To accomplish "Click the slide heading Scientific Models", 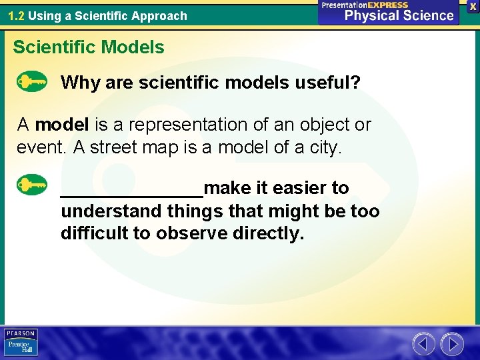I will tap(89, 47).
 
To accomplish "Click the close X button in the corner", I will tap(473, 6).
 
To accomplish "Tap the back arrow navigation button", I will tap(423, 344).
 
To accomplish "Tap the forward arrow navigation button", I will tap(452, 344).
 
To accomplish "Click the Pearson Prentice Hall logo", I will tap(21, 342).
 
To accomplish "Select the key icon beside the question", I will tap(31, 82).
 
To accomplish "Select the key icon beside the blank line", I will tap(31, 185).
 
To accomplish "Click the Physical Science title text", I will tap(399, 16).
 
